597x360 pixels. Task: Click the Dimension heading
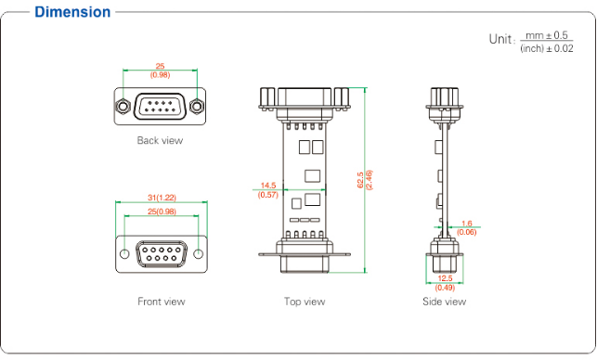[72, 12]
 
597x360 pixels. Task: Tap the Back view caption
[160, 140]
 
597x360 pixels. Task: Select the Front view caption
[162, 302]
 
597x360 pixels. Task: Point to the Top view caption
[305, 302]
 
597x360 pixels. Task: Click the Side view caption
[445, 302]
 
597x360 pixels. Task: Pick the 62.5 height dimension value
[360, 180]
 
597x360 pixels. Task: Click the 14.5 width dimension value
[268, 186]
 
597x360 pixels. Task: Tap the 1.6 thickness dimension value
[466, 224]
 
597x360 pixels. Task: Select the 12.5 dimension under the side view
[445, 278]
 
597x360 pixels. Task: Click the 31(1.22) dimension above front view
[162, 198]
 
